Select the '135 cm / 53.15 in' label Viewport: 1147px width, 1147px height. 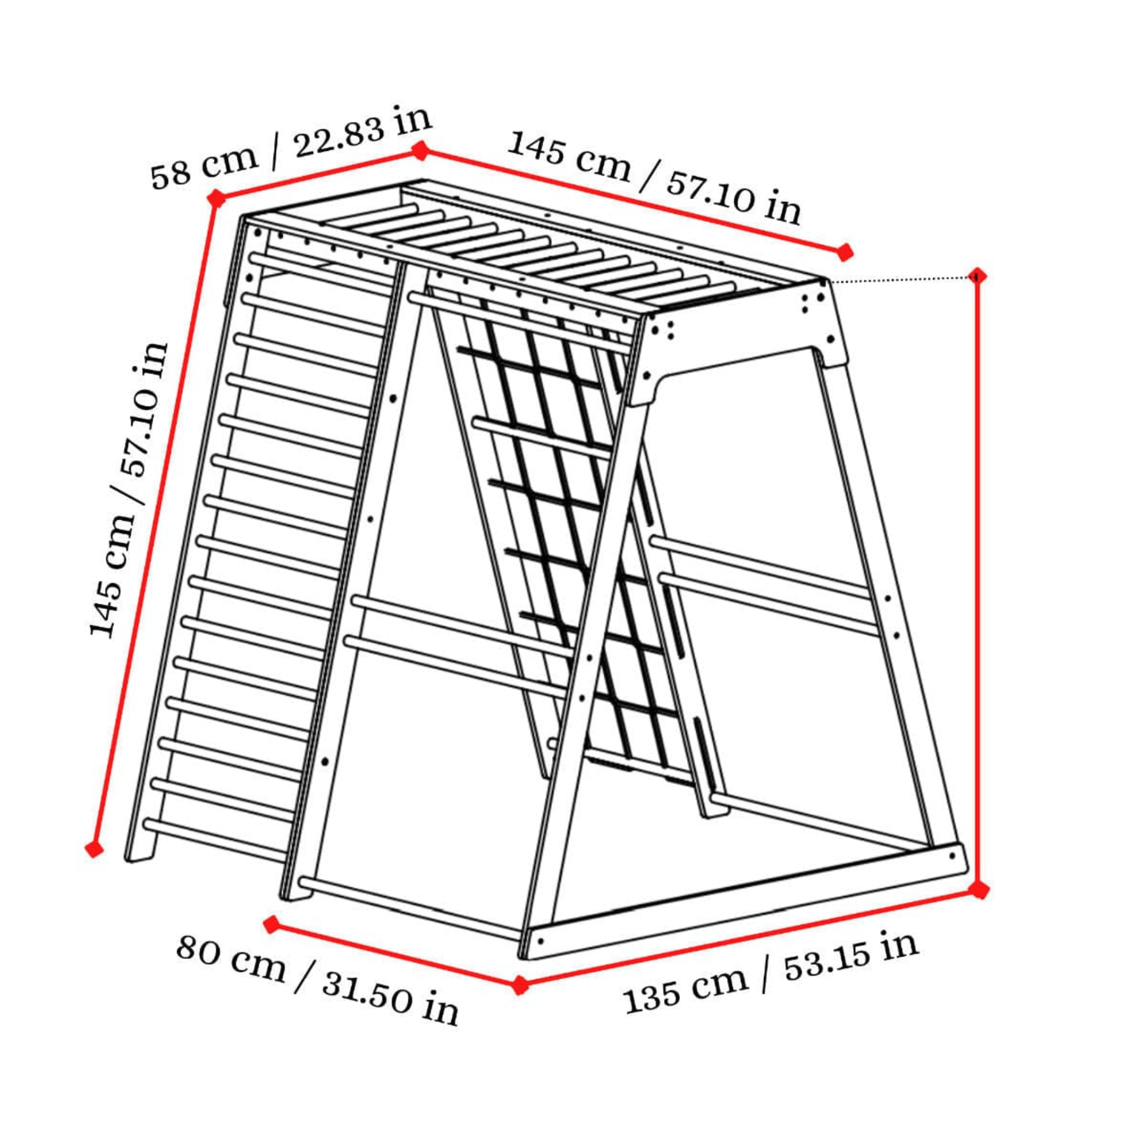click(x=771, y=971)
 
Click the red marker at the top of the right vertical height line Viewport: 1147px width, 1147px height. click(x=977, y=276)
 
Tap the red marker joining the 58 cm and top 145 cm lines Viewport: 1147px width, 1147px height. click(x=421, y=151)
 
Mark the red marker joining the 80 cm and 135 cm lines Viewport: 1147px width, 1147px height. click(x=521, y=985)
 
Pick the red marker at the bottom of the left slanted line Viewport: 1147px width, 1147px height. click(x=94, y=849)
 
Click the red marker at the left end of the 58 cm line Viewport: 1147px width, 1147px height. click(x=217, y=199)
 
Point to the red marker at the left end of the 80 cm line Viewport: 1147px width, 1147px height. click(x=272, y=924)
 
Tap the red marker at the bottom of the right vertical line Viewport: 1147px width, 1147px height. click(x=979, y=890)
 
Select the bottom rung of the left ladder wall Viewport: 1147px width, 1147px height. click(x=217, y=839)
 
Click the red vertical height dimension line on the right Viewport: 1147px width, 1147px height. click(x=978, y=583)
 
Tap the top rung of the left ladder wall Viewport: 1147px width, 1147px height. click(x=322, y=270)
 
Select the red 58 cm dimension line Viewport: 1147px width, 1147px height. click(x=319, y=175)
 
